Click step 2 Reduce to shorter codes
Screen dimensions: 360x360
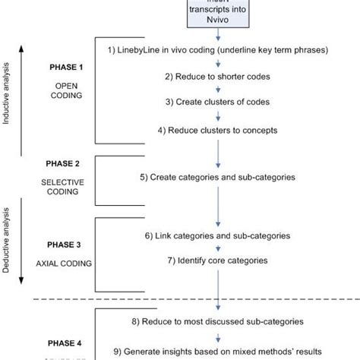(218, 77)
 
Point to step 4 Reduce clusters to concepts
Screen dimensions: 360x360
(218, 129)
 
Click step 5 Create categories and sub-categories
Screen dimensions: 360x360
(218, 178)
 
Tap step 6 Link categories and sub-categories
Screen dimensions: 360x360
(218, 236)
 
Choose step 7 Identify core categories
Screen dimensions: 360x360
(218, 261)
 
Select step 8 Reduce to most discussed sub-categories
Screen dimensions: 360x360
(218, 320)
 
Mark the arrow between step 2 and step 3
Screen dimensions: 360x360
(219, 90)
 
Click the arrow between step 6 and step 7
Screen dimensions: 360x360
(219, 248)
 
